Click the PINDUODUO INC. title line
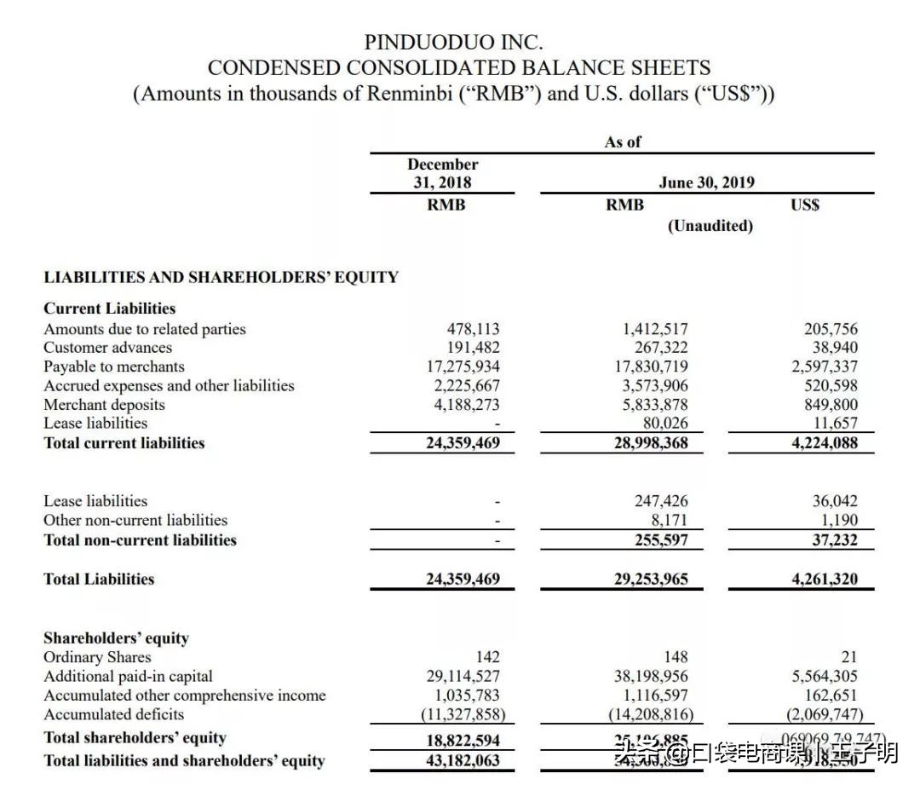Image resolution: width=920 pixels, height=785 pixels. tap(453, 41)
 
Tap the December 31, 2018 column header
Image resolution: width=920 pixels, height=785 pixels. tap(442, 173)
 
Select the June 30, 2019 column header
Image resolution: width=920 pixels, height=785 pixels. tap(706, 182)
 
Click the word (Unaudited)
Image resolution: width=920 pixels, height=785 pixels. tap(710, 226)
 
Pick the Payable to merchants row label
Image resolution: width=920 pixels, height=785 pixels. tap(114, 367)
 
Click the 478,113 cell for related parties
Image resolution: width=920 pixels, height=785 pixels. tap(474, 329)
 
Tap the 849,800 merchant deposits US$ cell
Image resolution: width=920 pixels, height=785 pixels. tap(831, 405)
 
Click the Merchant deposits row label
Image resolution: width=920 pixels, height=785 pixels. tap(104, 405)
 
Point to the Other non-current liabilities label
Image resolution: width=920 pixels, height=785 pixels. tap(135, 520)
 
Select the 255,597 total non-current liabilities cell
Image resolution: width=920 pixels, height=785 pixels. tap(661, 540)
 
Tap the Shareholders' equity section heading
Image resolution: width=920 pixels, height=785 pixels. tap(116, 638)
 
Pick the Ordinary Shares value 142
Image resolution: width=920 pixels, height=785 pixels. tap(488, 657)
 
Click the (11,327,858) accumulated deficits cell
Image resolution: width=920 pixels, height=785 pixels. tap(463, 714)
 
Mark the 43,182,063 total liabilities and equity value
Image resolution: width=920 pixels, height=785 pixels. tap(463, 759)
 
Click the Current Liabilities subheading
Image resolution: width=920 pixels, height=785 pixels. tap(109, 309)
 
